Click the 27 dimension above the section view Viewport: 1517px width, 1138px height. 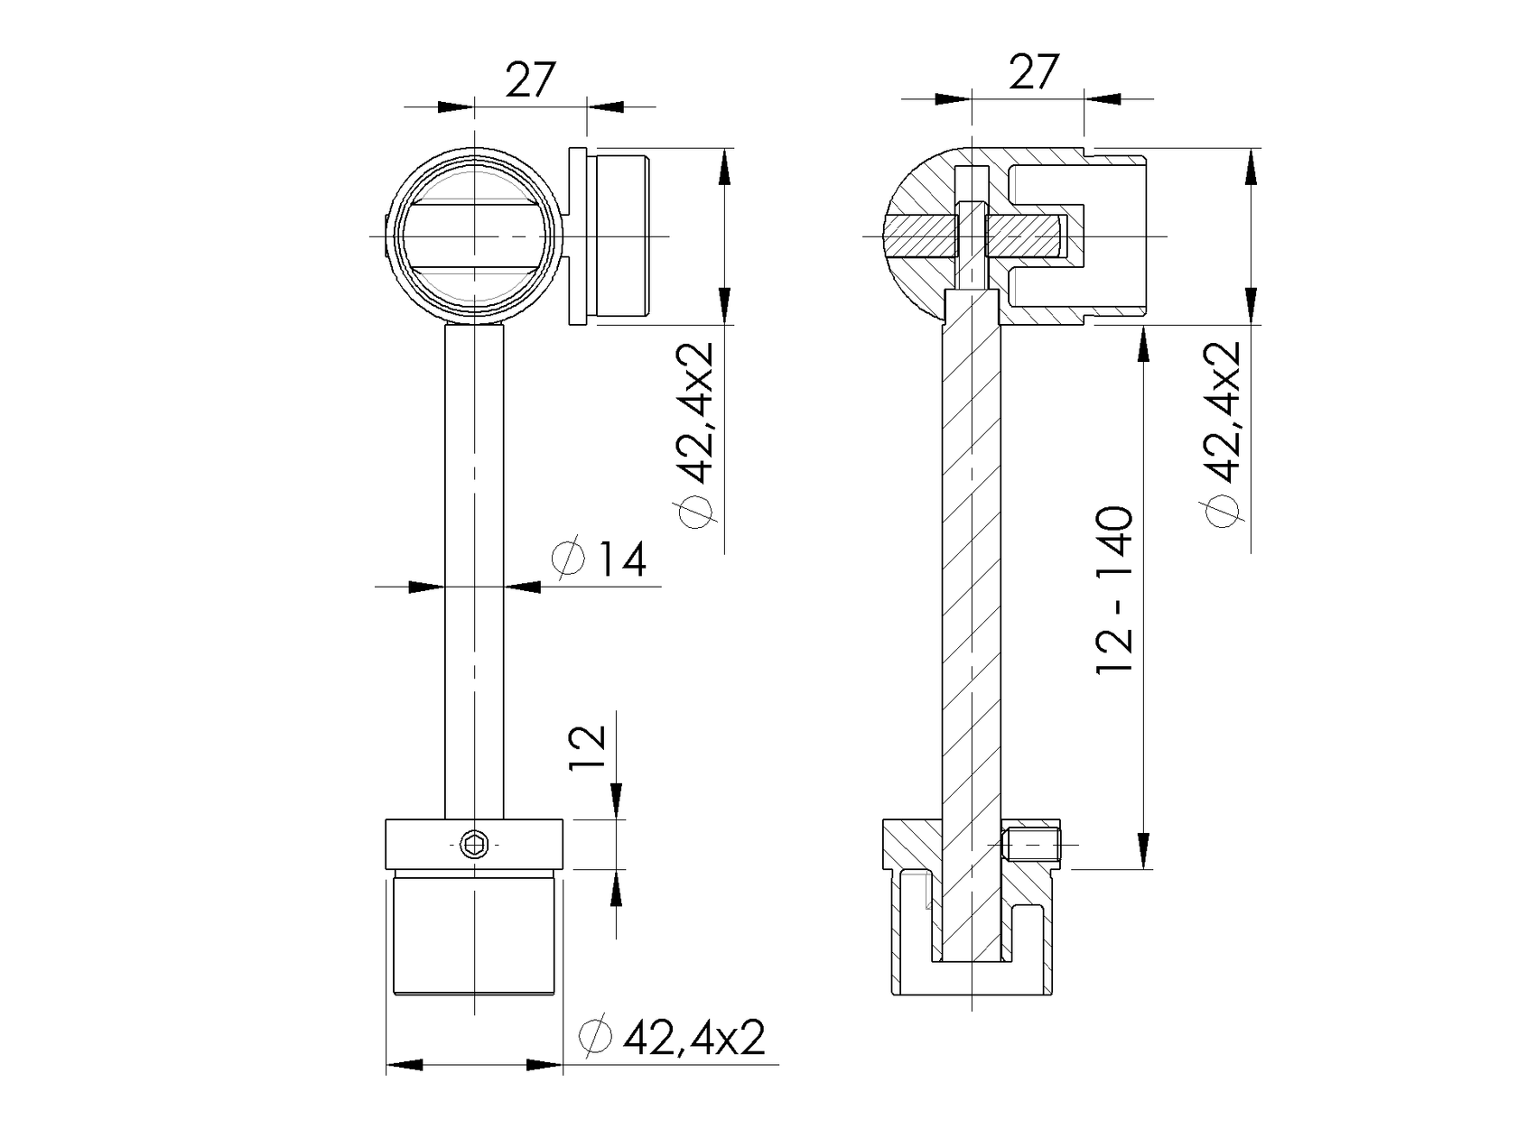(x=1033, y=72)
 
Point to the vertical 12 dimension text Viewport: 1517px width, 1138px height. (x=588, y=747)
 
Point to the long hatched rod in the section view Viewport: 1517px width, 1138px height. (x=972, y=587)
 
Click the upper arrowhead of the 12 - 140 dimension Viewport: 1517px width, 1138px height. (x=1142, y=343)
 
